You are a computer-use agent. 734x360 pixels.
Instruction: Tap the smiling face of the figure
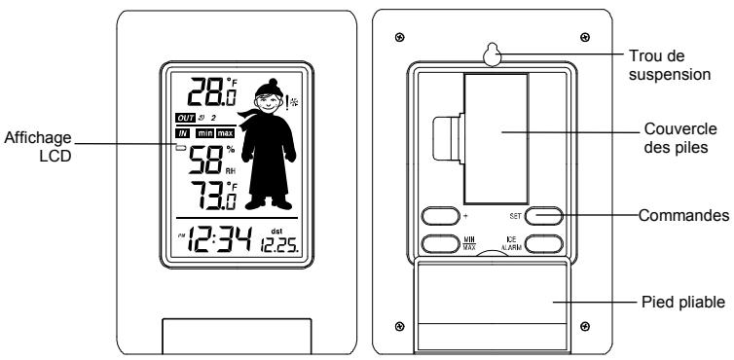[266, 101]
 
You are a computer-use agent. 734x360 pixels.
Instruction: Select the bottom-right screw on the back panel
[583, 327]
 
